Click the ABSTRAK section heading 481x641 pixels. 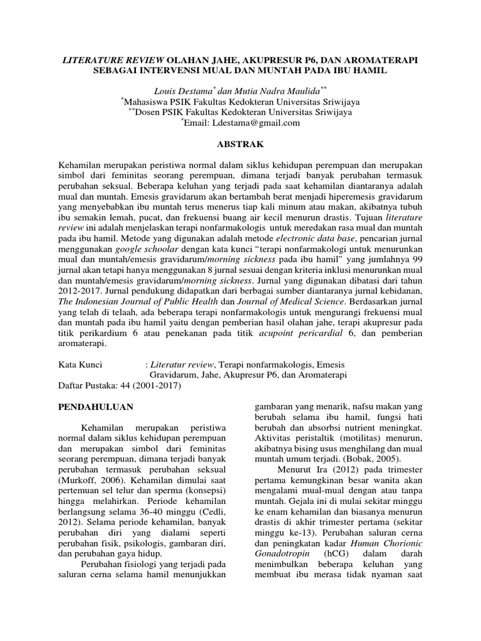(240, 144)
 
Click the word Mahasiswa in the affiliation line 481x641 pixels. (151, 101)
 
